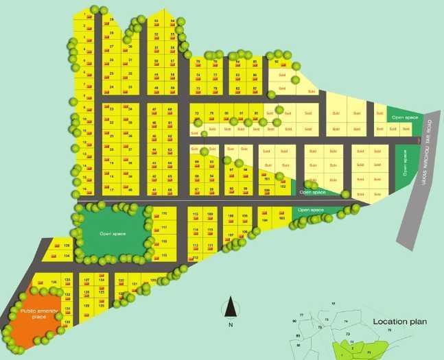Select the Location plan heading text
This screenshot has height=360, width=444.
(400, 321)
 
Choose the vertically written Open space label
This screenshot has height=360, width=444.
(405, 163)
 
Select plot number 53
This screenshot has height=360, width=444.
(156, 21)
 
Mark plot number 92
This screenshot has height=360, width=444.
(276, 62)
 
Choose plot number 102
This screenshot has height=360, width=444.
(282, 186)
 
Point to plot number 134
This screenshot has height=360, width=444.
(67, 256)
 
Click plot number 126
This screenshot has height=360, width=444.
(54, 282)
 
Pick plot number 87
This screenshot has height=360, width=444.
(255, 88)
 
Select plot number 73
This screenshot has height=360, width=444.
(198, 88)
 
